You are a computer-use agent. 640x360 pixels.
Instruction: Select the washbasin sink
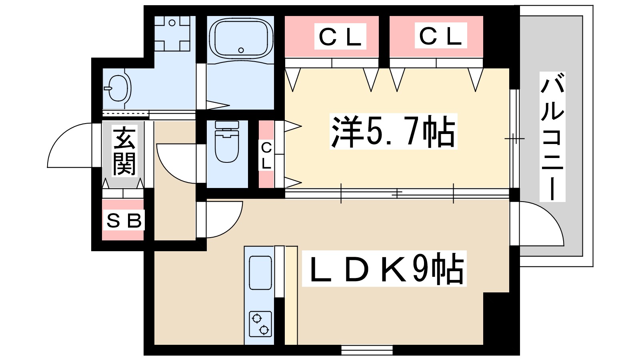pos(118,88)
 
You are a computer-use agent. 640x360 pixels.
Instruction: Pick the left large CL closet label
pos(340,36)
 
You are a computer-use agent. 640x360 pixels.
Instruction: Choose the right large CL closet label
pos(440,36)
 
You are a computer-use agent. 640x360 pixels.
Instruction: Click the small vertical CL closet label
pos(266,156)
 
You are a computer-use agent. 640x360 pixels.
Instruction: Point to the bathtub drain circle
pos(241,50)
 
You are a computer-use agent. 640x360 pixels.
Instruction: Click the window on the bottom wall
pos(367,350)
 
